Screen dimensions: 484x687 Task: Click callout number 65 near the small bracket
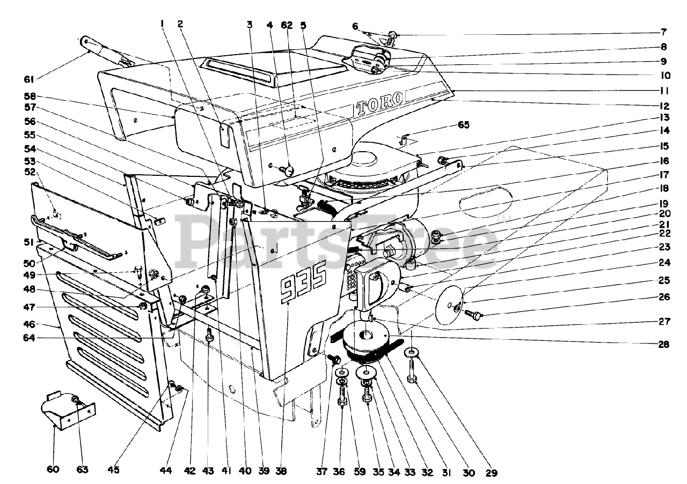tap(463, 125)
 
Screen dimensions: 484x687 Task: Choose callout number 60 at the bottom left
tap(53, 470)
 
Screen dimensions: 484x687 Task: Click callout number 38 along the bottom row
tap(281, 472)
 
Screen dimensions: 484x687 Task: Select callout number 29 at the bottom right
tap(492, 473)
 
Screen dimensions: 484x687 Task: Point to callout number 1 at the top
tap(161, 24)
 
